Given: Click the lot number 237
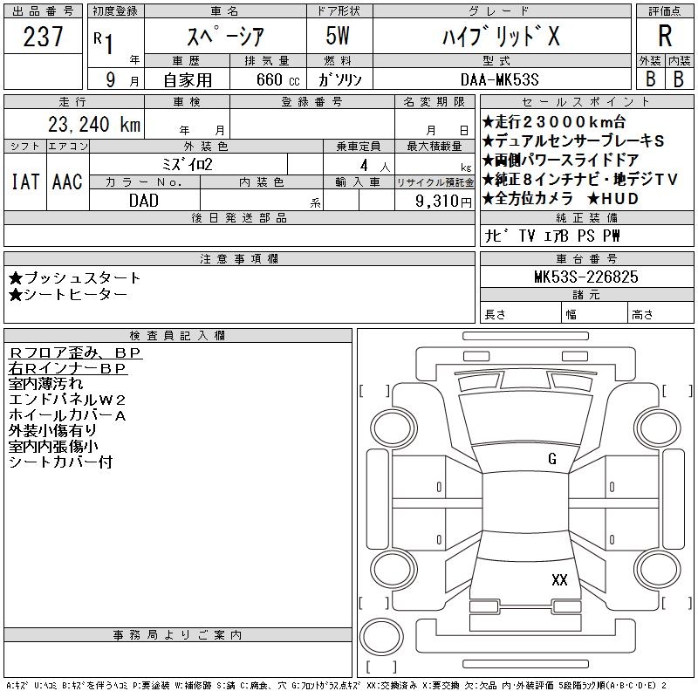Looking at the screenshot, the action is point(44,37).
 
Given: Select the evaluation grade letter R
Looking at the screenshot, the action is point(665,36).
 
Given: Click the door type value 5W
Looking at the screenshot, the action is point(339,37).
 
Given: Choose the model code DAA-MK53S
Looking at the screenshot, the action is point(510,79).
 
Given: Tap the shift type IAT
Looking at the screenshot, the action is point(25,181).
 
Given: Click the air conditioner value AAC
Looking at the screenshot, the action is point(67,181).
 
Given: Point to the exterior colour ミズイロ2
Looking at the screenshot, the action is point(188,164).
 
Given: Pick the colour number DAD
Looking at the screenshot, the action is point(144,200).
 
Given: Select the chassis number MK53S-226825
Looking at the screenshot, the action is point(585,277).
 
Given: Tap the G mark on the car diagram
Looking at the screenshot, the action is point(551,459).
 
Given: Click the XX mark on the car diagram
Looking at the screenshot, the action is point(559,579).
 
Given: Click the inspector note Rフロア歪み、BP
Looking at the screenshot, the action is point(75,352).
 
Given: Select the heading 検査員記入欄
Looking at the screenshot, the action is point(177,336).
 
